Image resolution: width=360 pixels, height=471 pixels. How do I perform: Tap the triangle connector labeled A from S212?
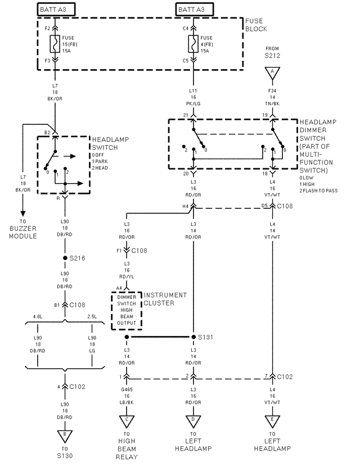click(273, 71)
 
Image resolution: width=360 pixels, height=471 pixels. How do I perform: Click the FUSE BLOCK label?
click(256, 25)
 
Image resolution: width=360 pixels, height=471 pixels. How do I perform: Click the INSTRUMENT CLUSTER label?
click(165, 299)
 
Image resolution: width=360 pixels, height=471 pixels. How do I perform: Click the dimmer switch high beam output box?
click(127, 309)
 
